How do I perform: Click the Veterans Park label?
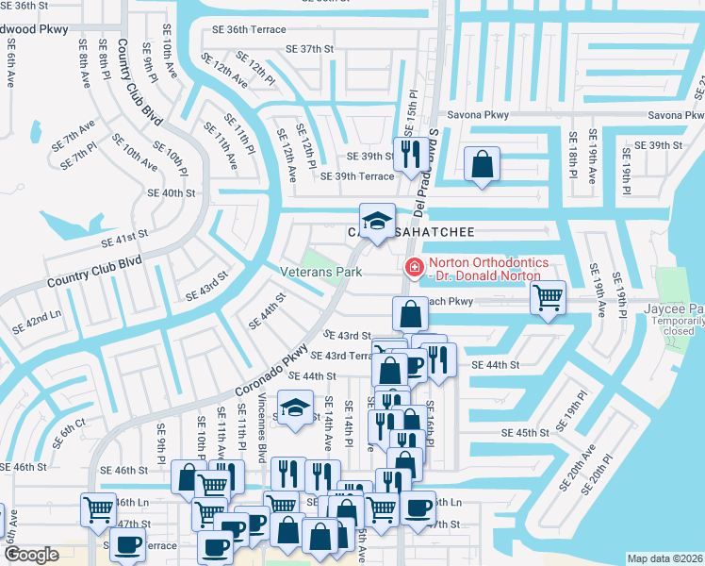321,272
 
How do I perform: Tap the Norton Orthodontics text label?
484,269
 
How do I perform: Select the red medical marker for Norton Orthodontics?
413,269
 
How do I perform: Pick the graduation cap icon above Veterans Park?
377,221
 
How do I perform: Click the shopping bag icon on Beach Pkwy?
410,312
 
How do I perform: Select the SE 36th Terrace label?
248,30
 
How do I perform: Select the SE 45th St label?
525,433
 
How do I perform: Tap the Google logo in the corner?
31,555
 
